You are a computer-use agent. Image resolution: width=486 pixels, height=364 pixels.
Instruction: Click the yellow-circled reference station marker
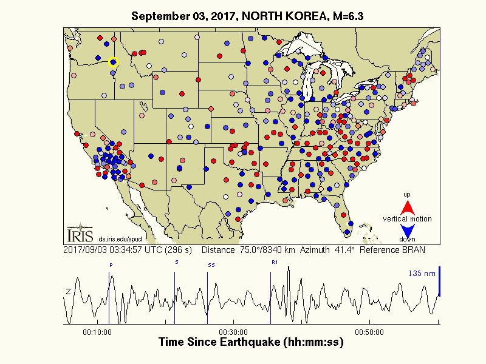coord(112,61)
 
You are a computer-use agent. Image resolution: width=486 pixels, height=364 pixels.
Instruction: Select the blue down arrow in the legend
coord(408,231)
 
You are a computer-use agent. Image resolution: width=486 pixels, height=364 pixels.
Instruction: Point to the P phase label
coord(111,265)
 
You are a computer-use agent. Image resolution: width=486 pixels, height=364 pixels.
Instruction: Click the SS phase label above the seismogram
coord(211,265)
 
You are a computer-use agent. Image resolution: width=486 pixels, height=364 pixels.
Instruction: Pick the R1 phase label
coord(274,262)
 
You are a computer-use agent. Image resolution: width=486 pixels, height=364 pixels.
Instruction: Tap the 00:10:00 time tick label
coord(97,332)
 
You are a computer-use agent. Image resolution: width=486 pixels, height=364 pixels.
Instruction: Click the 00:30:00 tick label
coord(233,332)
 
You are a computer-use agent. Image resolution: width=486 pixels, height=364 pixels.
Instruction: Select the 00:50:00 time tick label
coord(369,332)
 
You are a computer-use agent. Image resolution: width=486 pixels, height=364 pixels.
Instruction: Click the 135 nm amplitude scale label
coord(422,274)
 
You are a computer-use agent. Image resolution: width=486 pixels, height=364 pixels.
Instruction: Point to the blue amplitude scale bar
coord(439,281)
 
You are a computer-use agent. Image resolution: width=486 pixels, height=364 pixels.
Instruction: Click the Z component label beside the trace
coord(68,292)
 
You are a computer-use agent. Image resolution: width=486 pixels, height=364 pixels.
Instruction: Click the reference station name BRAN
coord(412,249)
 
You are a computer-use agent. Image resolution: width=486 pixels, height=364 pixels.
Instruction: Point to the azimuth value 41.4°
coord(353,249)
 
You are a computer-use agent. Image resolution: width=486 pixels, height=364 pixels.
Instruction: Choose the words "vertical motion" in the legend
coord(408,218)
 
